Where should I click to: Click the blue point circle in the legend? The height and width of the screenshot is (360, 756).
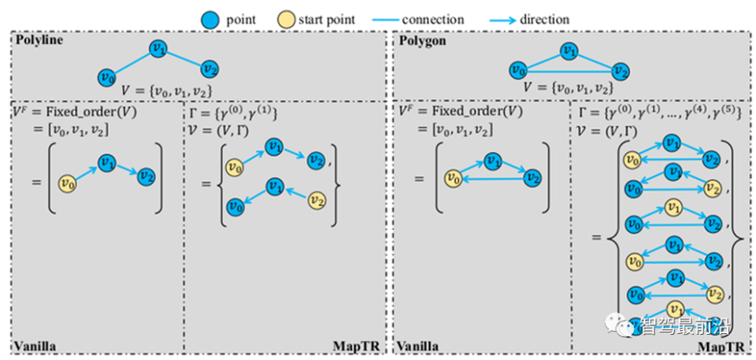tap(211, 20)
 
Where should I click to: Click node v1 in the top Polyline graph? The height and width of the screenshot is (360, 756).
tap(158, 48)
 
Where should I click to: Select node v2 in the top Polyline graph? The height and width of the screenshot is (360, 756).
tap(209, 69)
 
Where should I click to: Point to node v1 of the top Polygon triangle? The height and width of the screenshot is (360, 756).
tap(570, 50)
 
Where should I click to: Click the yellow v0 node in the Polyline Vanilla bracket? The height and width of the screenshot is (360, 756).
tap(68, 184)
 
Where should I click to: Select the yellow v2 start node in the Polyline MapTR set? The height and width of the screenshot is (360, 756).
tap(317, 199)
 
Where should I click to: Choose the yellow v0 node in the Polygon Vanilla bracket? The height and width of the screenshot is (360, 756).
tap(453, 179)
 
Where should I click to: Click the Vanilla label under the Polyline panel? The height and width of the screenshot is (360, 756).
tap(35, 347)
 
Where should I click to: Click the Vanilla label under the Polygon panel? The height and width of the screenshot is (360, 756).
tap(418, 347)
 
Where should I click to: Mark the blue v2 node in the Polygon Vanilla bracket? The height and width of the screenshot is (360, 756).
tap(532, 177)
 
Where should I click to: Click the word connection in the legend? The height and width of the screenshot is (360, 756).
tap(433, 20)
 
